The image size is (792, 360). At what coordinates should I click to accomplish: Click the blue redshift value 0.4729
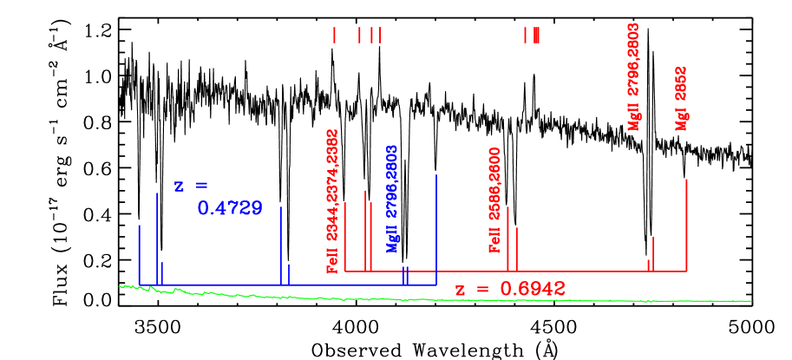(229, 208)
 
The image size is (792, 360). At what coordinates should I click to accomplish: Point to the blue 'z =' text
(191, 186)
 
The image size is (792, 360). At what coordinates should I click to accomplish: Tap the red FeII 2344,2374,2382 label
(332, 201)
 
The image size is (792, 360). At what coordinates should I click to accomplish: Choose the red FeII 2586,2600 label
(495, 200)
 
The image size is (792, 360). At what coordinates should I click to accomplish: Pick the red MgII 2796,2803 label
(633, 76)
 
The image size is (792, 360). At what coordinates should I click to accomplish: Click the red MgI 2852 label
(682, 98)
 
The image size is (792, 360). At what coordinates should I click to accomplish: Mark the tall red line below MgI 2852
(686, 225)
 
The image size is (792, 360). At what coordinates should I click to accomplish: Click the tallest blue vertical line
(435, 229)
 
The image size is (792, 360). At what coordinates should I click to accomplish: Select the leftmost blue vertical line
(139, 253)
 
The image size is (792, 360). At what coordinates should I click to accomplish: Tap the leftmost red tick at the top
(334, 35)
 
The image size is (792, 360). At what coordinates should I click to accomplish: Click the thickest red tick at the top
(537, 35)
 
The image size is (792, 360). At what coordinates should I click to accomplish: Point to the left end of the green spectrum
(121, 285)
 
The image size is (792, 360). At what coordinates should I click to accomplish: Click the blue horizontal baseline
(295, 285)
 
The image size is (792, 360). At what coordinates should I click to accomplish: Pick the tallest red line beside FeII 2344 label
(364, 231)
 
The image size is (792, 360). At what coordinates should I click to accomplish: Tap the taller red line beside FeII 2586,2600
(507, 239)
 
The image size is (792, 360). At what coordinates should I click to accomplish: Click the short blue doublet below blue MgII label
(405, 275)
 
